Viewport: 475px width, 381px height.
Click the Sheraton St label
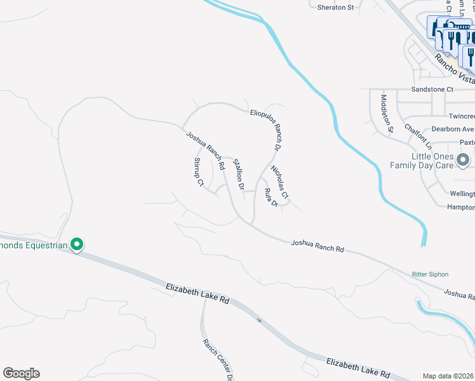(335, 7)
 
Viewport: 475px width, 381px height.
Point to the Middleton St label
(387, 114)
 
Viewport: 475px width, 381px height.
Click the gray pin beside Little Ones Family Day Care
(464, 160)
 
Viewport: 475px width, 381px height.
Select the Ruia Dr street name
(271, 197)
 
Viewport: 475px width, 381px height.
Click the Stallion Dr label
(238, 175)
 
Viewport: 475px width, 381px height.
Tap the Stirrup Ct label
(198, 172)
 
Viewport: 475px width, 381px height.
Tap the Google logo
(21, 373)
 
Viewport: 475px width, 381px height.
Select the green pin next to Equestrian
(77, 244)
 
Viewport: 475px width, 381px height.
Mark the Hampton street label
(460, 207)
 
